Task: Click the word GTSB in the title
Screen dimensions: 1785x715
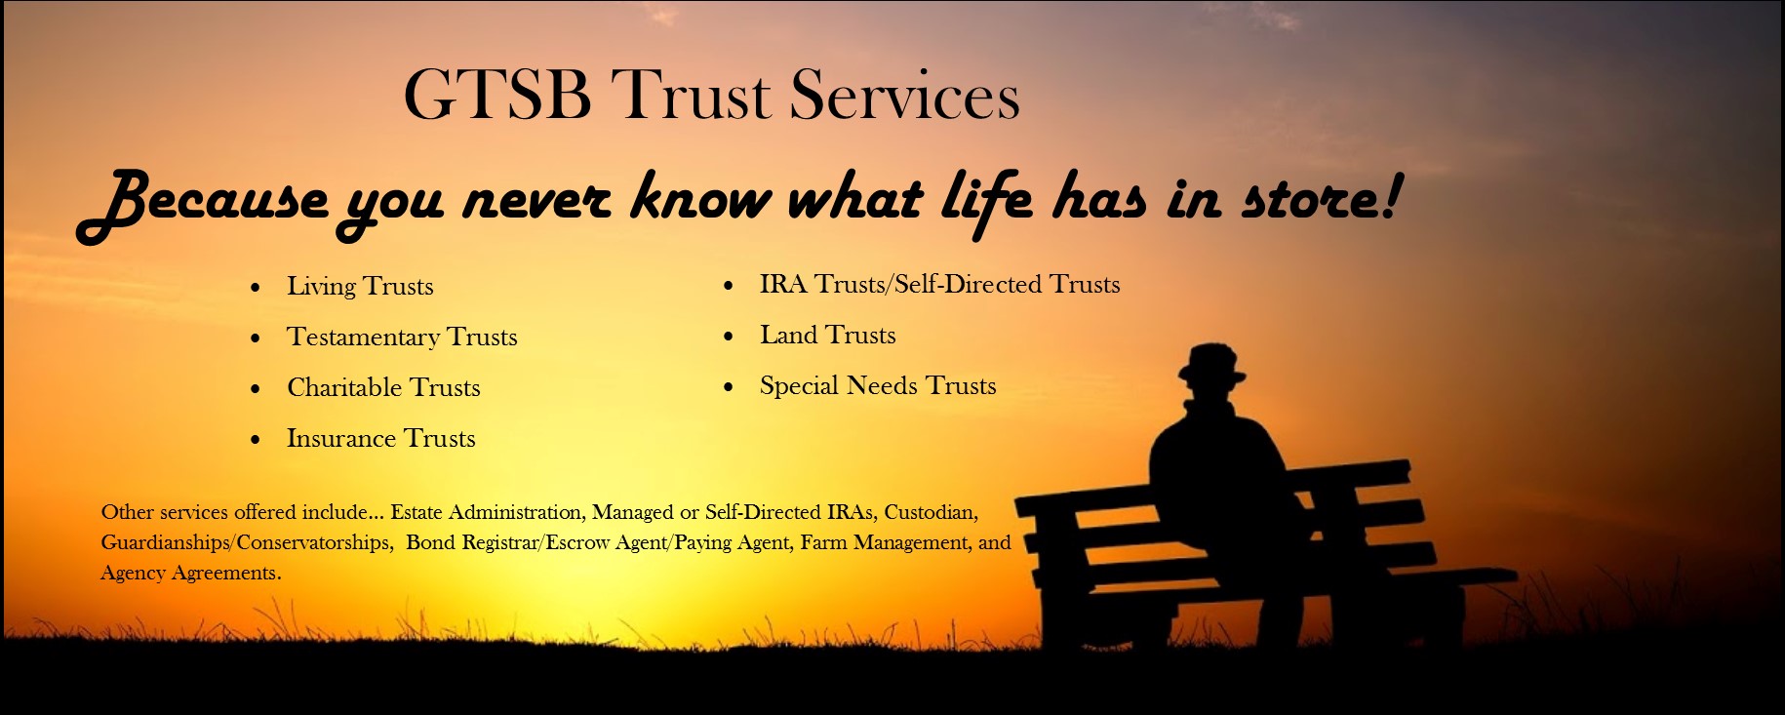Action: pos(497,95)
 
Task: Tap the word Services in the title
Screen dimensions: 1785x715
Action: pos(904,95)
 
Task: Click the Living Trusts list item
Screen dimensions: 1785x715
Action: pos(360,286)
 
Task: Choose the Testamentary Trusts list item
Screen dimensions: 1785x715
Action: pos(402,337)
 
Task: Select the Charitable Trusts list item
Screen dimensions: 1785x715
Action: pos(383,387)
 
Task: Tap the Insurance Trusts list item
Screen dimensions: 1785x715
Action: pos(381,438)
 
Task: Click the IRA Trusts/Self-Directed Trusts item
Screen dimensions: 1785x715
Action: pos(940,284)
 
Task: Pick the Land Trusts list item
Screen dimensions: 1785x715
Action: pos(828,335)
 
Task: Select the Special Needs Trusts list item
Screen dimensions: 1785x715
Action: pos(878,385)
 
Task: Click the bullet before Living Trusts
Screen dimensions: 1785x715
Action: pos(256,288)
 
